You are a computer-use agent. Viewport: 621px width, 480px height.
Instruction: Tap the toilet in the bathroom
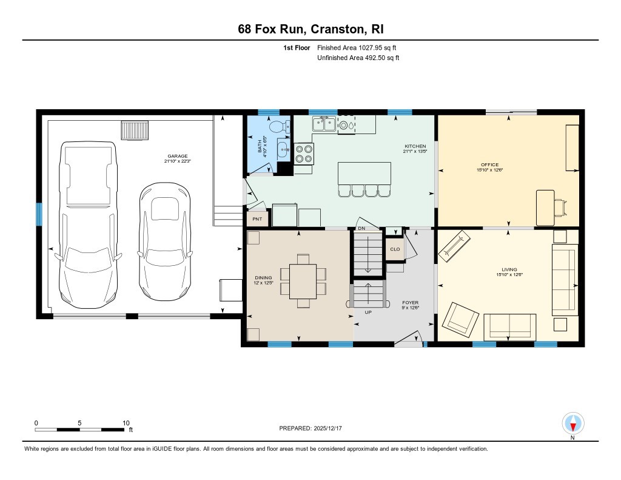coord(278,128)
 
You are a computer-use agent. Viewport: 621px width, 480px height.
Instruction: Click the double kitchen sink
coord(324,124)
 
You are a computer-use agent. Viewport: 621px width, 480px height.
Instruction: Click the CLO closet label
coord(395,249)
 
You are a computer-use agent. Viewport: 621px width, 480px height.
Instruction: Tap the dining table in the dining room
coord(303,280)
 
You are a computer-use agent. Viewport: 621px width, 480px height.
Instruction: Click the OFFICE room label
coord(489,165)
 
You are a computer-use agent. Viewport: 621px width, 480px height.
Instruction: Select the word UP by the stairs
coord(368,313)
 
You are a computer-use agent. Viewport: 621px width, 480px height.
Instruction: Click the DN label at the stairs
coord(361,228)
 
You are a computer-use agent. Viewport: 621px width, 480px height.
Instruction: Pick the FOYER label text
coord(411,302)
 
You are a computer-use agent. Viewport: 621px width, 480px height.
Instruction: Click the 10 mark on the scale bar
coord(126,423)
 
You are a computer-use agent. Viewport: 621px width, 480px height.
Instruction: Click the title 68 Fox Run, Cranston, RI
coord(310,29)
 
